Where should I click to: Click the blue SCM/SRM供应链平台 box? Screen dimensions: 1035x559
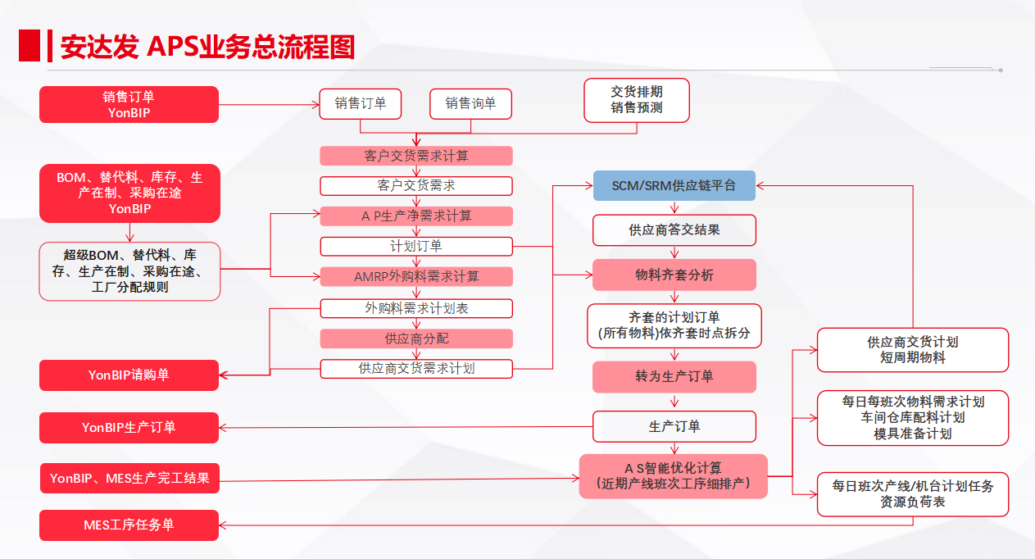pos(674,186)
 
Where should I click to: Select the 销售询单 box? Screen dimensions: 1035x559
pos(470,104)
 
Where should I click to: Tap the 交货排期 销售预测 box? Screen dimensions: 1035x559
pos(637,100)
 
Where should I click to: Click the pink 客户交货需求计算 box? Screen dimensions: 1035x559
pos(416,156)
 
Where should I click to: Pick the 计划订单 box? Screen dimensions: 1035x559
pos(416,246)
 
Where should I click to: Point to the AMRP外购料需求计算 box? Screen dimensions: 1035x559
pos(416,277)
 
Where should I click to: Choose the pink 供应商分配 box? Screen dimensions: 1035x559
pos(416,339)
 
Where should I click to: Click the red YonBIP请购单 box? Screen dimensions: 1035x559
pos(129,375)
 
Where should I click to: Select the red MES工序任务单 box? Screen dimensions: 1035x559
pos(129,525)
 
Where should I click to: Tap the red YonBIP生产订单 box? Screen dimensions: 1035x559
pos(129,428)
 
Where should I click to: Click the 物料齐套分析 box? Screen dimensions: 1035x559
pos(674,275)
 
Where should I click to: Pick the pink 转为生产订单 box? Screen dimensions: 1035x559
pos(674,377)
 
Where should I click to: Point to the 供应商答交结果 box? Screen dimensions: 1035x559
pos(674,230)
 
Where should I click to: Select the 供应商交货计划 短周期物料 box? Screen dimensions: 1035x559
pos(913,350)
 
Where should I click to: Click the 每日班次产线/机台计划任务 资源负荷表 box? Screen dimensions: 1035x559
pos(913,494)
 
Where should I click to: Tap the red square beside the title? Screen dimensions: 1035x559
pos(30,45)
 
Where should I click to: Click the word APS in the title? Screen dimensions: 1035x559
pos(172,47)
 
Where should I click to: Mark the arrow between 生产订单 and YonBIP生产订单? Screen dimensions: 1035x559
pos(406,427)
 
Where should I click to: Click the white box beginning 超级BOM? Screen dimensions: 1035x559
pos(129,271)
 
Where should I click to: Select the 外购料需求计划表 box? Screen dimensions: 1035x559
pos(416,308)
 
